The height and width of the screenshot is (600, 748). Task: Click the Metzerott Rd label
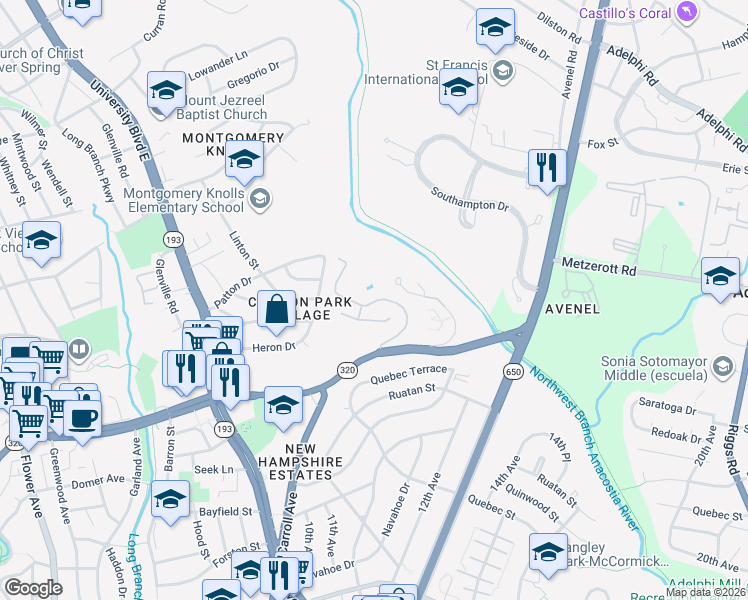[599, 270]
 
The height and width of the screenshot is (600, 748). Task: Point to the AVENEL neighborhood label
[572, 309]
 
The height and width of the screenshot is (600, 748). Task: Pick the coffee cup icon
[82, 417]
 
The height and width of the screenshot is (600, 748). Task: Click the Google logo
[33, 588]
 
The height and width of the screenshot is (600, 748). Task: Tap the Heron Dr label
[275, 347]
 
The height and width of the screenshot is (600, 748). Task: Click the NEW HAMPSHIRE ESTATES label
[299, 462]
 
